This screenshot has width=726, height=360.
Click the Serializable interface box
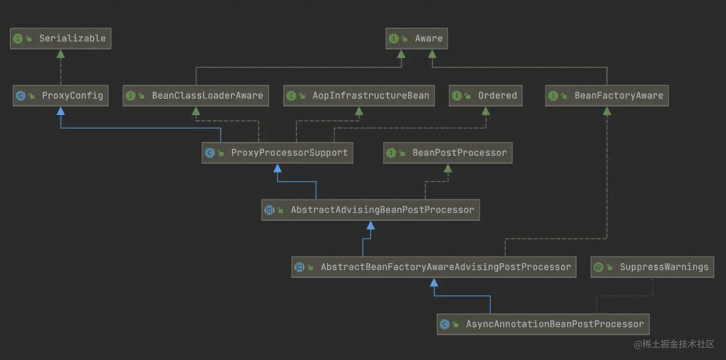click(60, 38)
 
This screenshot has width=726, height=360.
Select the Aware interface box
click(416, 38)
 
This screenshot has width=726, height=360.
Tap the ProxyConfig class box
click(60, 96)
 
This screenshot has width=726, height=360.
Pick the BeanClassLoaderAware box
click(196, 96)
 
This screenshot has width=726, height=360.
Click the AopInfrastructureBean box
click(359, 96)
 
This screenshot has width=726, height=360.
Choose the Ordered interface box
click(486, 96)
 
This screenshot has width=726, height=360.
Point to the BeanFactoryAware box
click(607, 96)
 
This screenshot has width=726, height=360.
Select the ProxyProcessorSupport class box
click(277, 153)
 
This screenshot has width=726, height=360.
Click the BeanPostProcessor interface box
click(448, 153)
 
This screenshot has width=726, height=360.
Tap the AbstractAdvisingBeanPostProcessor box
click(371, 210)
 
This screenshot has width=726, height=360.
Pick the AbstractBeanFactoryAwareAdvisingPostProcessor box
click(434, 267)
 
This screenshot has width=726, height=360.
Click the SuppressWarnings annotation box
click(652, 267)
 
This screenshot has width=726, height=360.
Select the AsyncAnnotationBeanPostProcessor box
click(543, 324)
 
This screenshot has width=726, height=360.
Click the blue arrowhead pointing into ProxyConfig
click(60, 111)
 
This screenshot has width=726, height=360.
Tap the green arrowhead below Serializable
click(60, 54)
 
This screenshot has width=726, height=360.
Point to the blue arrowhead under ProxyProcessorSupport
click(277, 168)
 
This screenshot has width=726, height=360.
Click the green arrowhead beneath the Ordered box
click(486, 111)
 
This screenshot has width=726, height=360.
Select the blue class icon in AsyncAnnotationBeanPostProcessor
click(445, 324)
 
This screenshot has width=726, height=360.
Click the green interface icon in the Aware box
click(393, 38)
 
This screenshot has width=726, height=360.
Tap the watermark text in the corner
click(674, 344)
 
